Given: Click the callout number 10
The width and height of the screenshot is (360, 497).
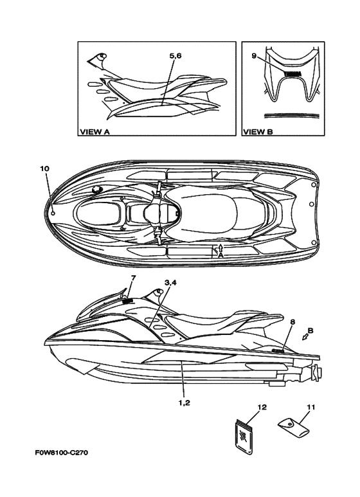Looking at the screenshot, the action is [45, 168].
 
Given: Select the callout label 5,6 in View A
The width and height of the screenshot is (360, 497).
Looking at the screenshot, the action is [175, 56].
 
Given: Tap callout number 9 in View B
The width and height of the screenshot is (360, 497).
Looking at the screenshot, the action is [254, 56].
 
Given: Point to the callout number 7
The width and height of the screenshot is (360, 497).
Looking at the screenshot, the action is [133, 278].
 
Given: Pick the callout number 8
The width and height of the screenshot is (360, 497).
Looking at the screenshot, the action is [292, 322].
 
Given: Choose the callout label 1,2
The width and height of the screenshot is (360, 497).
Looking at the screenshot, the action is [184, 403].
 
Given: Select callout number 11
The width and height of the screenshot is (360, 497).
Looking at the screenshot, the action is [311, 407].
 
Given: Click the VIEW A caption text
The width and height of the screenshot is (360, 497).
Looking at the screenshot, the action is [94, 132].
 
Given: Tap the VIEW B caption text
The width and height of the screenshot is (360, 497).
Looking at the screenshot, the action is [258, 132].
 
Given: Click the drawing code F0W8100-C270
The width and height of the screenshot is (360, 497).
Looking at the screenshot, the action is [62, 452].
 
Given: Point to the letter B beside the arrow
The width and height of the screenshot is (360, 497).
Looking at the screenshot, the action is [310, 330].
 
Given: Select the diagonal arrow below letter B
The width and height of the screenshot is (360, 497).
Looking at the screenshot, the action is [306, 338].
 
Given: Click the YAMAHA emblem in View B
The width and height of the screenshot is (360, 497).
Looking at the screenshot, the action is [292, 73].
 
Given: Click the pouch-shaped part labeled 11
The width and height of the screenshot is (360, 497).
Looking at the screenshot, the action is [293, 428].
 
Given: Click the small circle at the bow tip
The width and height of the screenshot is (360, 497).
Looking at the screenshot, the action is [53, 213].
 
